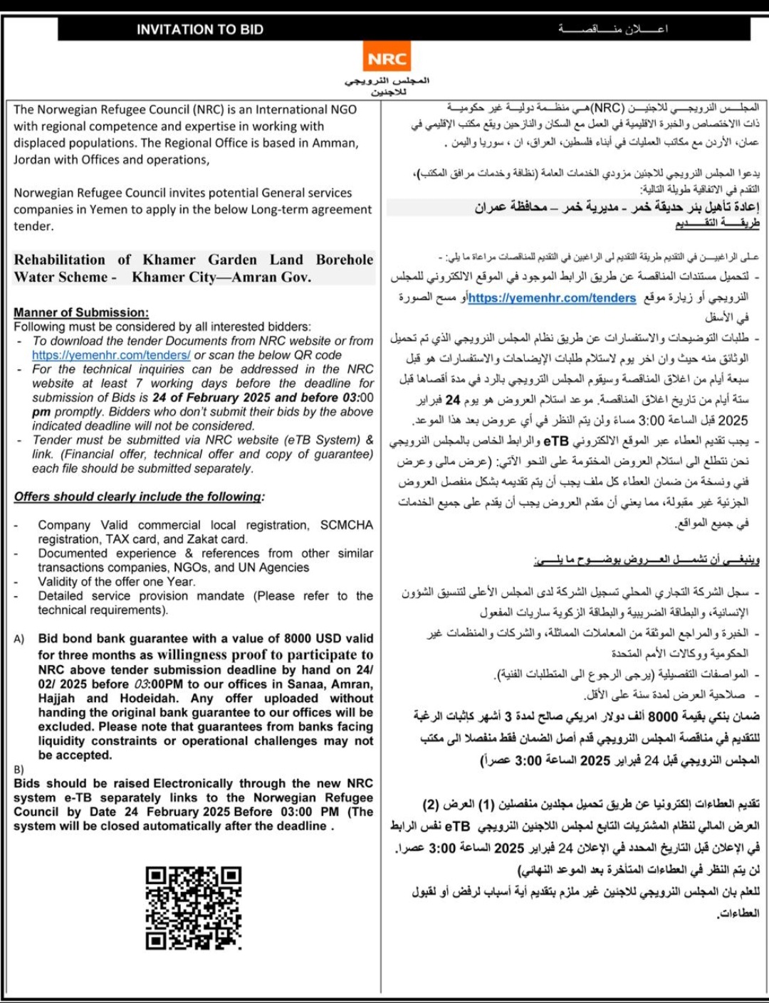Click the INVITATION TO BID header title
[x=200, y=30]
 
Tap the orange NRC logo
[x=387, y=59]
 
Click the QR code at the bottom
[x=194, y=908]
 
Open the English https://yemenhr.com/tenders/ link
[x=111, y=355]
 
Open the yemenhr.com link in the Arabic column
[x=552, y=298]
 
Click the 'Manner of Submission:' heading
[x=81, y=312]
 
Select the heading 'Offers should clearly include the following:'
[x=139, y=497]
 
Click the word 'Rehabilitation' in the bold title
[x=60, y=260]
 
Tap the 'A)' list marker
[x=19, y=639]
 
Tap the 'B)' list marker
[x=19, y=770]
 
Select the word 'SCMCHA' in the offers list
[x=347, y=525]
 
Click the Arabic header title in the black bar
[x=613, y=29]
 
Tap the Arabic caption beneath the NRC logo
[x=388, y=86]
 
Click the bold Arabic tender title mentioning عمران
[x=617, y=207]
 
